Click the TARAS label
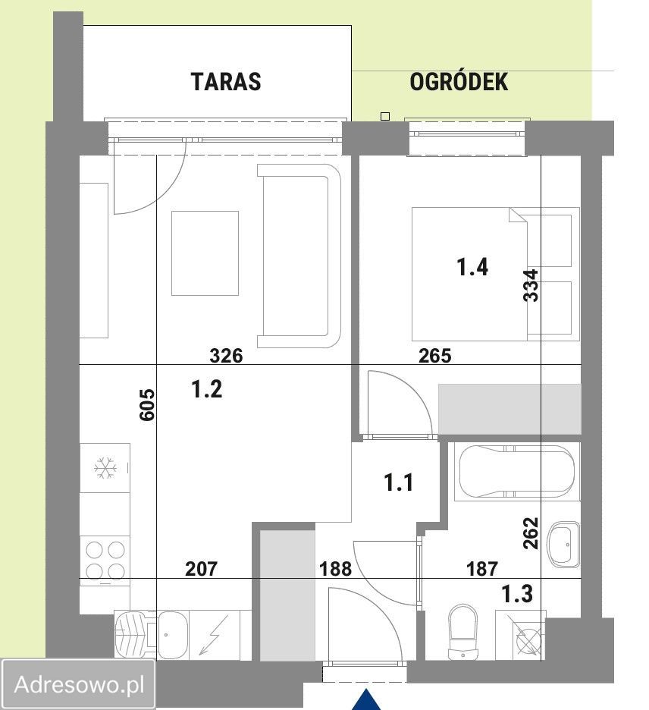226,81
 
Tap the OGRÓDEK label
459,82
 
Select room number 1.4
472,267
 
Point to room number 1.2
206,390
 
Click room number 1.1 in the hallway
398,482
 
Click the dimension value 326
226,355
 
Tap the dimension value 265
435,355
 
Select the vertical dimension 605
147,405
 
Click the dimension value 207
202,568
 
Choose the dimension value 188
335,568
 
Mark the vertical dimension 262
531,533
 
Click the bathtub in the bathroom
514,473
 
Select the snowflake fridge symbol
104,468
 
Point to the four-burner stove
105,558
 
